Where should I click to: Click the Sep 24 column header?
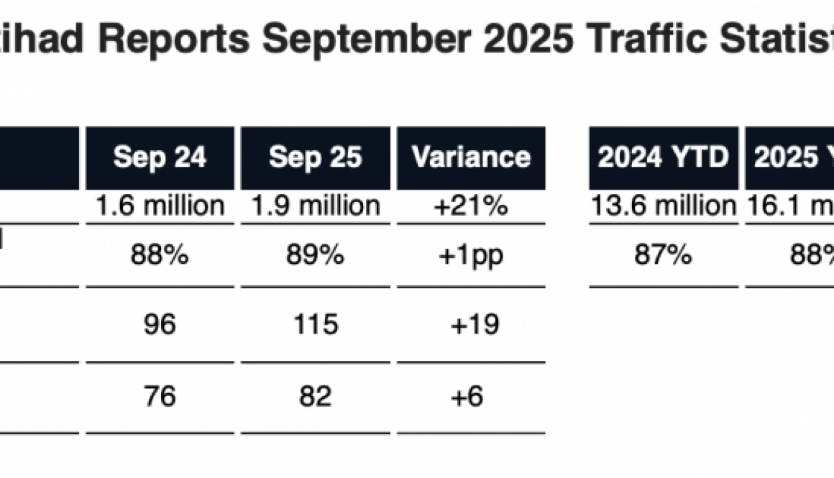coord(160,158)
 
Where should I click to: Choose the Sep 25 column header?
coord(315,158)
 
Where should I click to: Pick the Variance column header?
coord(471,158)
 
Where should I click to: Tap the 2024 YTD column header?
coord(663,158)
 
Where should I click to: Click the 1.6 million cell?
coord(160,206)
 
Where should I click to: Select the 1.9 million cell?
coord(315,206)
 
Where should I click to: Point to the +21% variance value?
coord(471,206)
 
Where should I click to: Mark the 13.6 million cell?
coord(663,206)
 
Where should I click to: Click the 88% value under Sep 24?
coord(160,255)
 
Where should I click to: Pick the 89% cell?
coord(315,255)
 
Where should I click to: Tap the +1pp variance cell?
coord(471,255)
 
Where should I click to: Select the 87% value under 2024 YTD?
coord(663,255)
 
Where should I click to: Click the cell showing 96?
coord(160,325)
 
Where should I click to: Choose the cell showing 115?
coord(315,325)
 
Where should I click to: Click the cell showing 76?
coord(160,397)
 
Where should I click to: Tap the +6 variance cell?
coord(471,397)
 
